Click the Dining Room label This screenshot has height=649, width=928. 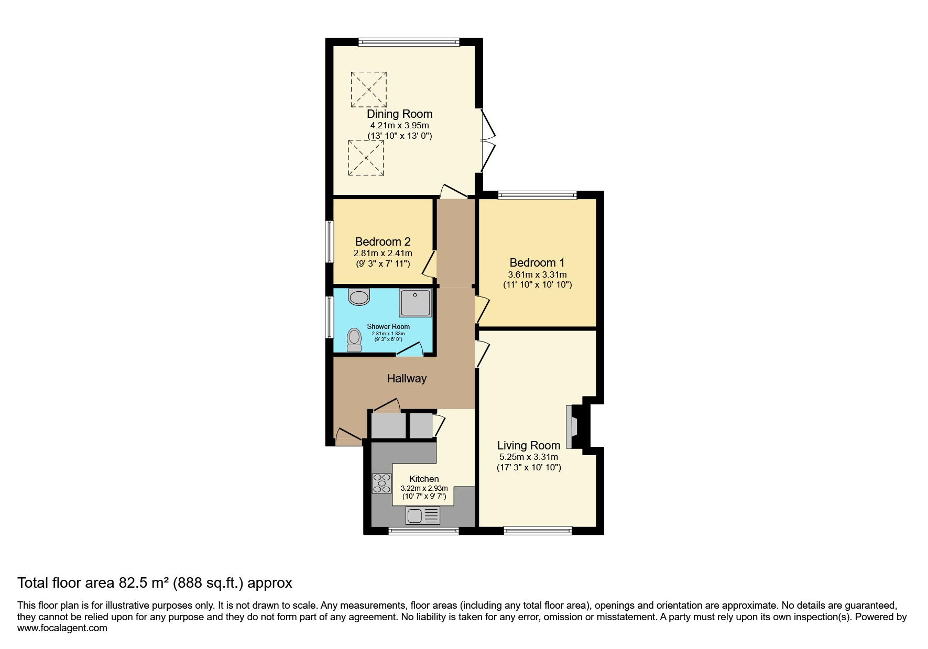[x=399, y=114]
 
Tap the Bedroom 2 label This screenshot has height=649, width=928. [x=383, y=241]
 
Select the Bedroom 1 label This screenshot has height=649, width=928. [x=537, y=262]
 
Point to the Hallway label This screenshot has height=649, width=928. [x=407, y=378]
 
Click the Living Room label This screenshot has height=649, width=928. [x=529, y=445]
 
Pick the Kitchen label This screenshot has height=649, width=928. [x=424, y=479]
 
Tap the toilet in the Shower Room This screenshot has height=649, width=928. [x=355, y=340]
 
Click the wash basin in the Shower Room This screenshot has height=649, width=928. [x=359, y=296]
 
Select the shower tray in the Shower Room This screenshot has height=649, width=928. [x=416, y=303]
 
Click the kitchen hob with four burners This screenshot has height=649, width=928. [x=381, y=483]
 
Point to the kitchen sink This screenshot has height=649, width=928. [x=423, y=516]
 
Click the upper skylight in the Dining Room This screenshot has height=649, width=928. [x=369, y=90]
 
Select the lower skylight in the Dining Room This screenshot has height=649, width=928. [x=366, y=157]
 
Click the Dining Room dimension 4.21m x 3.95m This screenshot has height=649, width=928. [x=400, y=125]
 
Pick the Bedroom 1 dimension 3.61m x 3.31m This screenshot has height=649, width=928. [x=538, y=274]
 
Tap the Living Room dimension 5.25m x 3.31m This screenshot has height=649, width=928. [x=529, y=457]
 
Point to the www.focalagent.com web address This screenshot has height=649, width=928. [x=62, y=628]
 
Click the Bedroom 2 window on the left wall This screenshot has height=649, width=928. [x=329, y=241]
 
